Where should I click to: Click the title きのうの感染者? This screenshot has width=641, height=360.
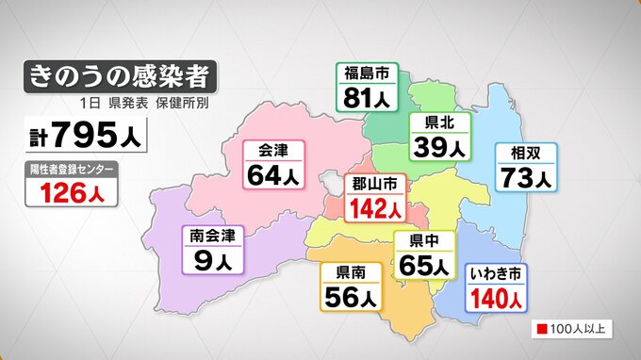pos(121,74)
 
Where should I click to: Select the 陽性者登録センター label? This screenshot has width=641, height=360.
pos(73,170)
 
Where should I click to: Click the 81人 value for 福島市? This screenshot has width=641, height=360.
pos(367,98)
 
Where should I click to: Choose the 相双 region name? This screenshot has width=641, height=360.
pos(526,153)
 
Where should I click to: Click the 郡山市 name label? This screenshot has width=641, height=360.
pos(375,183)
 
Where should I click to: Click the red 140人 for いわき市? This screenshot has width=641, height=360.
pos(497,298)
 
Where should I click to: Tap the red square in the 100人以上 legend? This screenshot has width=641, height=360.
pos(544,330)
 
